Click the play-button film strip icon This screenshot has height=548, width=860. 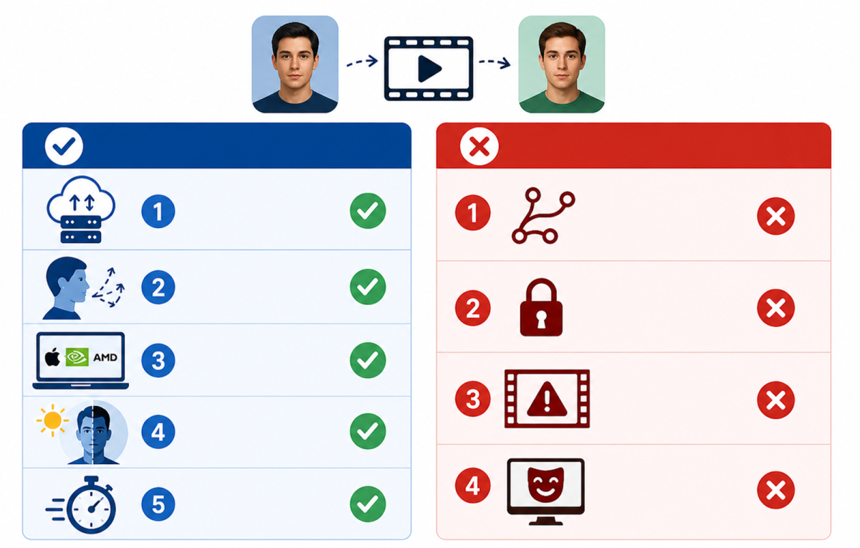[429, 68]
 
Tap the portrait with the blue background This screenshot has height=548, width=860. [295, 64]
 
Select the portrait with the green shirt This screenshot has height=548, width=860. [562, 64]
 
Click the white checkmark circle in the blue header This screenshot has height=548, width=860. [64, 146]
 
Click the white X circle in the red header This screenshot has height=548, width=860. [479, 146]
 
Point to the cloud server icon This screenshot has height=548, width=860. [80, 209]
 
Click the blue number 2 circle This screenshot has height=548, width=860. [158, 287]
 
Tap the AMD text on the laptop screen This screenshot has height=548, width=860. [105, 357]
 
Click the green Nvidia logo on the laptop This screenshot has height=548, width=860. [77, 357]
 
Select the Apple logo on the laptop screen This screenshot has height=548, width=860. [52, 357]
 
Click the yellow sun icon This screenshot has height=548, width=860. [52, 420]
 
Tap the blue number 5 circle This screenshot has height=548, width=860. [158, 504]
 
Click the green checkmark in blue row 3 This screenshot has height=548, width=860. [368, 360]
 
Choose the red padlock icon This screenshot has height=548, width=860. [541, 307]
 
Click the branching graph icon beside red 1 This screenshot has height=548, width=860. [543, 216]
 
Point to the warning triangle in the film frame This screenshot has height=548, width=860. [547, 399]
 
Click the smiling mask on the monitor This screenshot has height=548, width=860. [545, 485]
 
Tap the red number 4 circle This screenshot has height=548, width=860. [472, 486]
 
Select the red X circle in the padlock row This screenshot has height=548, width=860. [776, 308]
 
